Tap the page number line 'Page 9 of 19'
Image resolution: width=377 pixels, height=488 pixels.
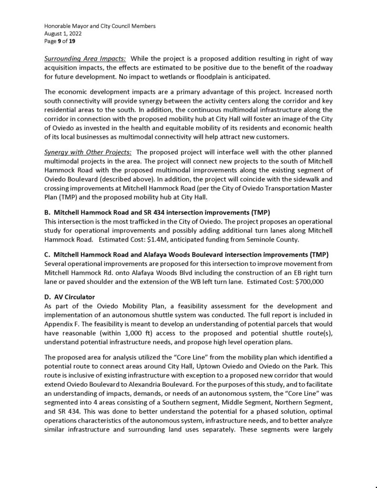pos(60,41)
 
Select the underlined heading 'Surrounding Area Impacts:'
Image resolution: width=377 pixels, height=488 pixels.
pos(85,59)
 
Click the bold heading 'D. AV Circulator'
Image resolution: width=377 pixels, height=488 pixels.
pos(70,298)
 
